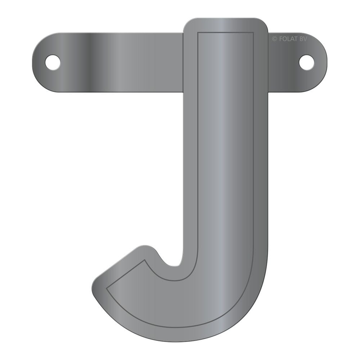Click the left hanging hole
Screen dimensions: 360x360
coord(53,62)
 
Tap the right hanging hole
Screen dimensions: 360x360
coord(306,62)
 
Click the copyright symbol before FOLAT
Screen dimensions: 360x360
coord(274,39)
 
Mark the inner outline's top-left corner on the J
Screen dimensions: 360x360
coord(198,33)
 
